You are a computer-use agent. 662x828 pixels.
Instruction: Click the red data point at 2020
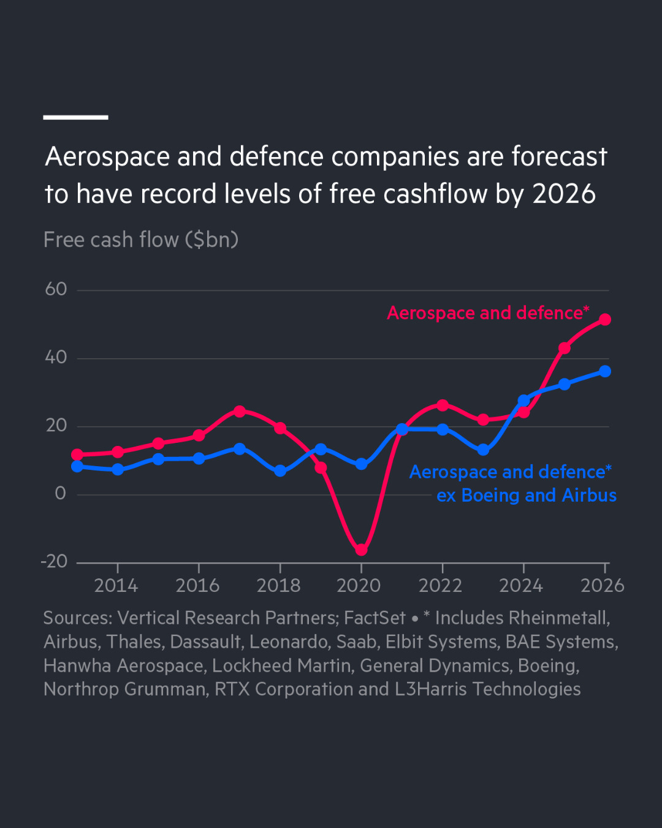361,550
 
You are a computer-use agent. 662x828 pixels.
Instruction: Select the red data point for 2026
605,320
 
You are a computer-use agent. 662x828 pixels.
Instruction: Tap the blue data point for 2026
605,371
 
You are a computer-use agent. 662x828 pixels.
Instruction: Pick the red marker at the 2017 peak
240,411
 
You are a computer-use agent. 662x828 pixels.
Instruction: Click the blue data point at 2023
483,450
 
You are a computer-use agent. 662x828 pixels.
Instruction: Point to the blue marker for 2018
280,470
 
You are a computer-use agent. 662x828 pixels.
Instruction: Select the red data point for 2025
565,348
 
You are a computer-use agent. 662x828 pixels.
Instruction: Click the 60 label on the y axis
56,289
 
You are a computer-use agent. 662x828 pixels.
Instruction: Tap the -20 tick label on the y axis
54,561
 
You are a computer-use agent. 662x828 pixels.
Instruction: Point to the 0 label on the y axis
60,493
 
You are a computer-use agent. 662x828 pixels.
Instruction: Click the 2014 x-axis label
116,586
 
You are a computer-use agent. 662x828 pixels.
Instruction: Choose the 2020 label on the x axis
359,586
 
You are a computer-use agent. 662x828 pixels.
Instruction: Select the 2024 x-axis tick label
521,586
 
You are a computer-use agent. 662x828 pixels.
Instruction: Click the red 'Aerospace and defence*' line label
488,313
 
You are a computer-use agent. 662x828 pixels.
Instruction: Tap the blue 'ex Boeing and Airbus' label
526,495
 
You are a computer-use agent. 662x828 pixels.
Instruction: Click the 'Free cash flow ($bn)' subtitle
141,240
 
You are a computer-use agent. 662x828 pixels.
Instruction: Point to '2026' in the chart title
564,194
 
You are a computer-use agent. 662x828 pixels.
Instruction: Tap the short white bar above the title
75,117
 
